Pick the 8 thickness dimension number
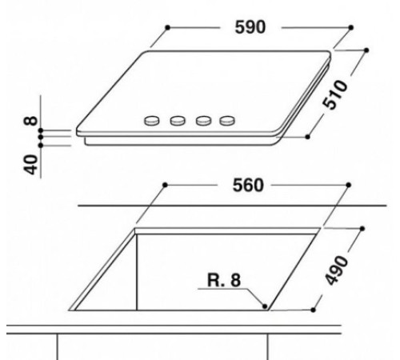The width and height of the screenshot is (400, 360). [x=31, y=121]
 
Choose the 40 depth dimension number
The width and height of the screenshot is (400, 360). [x=31, y=163]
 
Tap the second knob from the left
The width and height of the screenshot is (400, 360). [x=178, y=122]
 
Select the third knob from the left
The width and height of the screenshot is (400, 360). [x=203, y=122]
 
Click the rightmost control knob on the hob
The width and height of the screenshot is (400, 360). [x=229, y=122]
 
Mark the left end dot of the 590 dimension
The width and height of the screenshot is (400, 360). [x=166, y=27]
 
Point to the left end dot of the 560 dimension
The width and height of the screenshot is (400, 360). [x=163, y=185]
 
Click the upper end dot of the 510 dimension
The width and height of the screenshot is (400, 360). [x=366, y=50]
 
